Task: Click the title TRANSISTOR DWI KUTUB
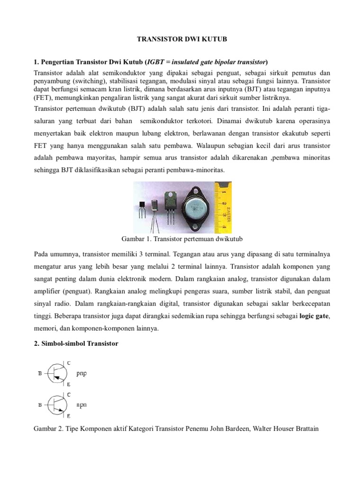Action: click(182, 41)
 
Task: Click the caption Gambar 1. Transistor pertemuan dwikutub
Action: click(182, 236)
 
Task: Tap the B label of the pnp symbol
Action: click(40, 374)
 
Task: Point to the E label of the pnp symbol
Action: click(69, 384)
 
